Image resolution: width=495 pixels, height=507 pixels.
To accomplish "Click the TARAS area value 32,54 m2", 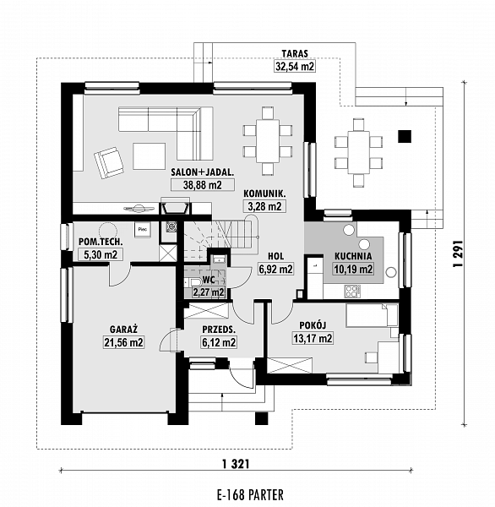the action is point(294,66).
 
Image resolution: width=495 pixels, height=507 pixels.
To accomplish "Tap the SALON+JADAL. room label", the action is point(203,172).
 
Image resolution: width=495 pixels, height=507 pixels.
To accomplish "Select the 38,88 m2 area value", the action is point(203,185).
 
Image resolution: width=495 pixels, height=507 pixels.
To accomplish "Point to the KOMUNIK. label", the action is point(264,194).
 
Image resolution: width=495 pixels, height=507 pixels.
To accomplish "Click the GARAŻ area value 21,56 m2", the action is point(123,342).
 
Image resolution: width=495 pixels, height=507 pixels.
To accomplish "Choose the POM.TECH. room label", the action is point(101,242).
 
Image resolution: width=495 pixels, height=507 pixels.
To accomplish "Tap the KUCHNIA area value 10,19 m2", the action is point(353,269).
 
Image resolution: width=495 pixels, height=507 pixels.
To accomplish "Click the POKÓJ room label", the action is point(313,325).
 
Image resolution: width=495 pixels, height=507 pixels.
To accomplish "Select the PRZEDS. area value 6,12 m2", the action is point(219,342).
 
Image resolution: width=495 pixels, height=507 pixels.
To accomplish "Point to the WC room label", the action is point(209,280).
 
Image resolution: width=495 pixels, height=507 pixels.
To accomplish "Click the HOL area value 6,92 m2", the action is point(275,269).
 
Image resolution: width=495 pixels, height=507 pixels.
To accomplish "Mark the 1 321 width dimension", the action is point(236,464).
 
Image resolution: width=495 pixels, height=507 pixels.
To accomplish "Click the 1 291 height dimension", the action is point(458,253).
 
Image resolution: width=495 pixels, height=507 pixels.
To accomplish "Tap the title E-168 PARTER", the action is point(251,495).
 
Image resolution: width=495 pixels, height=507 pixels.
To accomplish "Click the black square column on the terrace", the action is point(405,136).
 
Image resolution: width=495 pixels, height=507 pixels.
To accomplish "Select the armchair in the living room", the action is point(109,162).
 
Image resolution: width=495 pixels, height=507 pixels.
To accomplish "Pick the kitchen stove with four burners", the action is point(353,291).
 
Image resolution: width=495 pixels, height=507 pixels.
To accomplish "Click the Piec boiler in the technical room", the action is point(143,229).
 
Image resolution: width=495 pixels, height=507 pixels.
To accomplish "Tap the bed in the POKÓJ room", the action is point(372,315).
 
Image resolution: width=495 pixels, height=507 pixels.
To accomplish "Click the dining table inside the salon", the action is point(268,141).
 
